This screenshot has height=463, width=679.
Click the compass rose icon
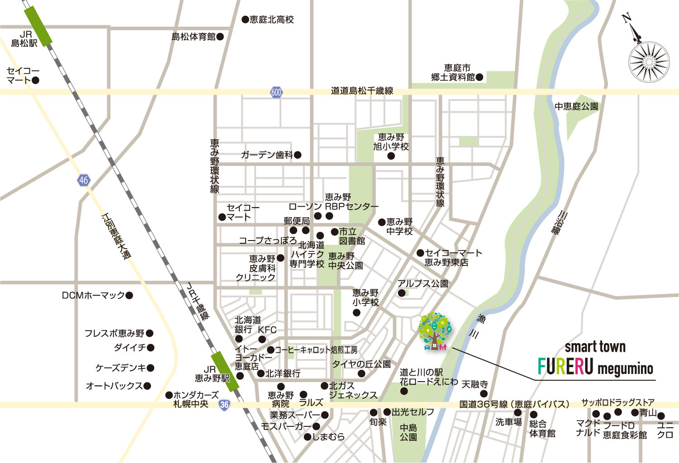pos(649,61)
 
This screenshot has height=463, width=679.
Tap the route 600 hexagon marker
pos(276,92)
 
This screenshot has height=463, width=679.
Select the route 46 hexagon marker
pos(83,180)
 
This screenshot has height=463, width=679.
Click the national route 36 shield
pos(224,405)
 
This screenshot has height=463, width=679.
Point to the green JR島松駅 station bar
pos(38,26)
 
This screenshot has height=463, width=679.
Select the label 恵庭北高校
pos(271,19)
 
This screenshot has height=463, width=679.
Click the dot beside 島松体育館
pos(220,37)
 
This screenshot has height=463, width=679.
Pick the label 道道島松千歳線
pos(362,91)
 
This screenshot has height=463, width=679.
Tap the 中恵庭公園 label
pos(576,107)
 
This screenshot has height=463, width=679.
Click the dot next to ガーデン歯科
pos(298,155)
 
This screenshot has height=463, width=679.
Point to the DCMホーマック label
pos(93,295)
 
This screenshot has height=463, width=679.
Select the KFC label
pos(267,330)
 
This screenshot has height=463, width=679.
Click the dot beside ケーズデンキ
pos(151,368)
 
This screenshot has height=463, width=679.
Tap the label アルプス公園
pos(423,283)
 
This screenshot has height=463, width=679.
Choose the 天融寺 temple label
pos(475,384)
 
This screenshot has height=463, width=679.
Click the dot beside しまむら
pos(307,437)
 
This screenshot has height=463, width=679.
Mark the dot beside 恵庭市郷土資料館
pos(480,77)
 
